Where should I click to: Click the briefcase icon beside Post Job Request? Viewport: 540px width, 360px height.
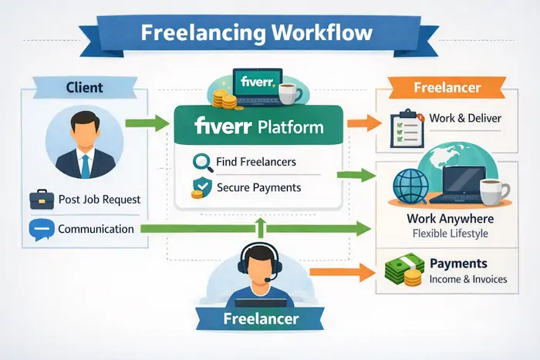point(42,200)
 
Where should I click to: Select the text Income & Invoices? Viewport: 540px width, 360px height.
point(467,278)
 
